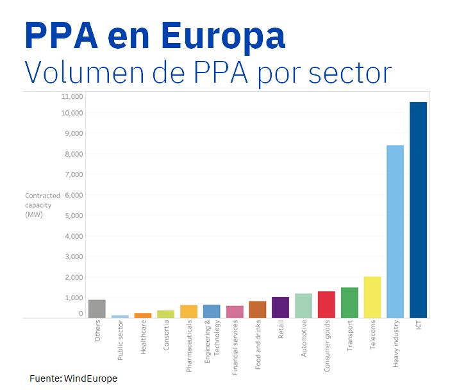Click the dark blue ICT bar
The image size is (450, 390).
(x=418, y=210)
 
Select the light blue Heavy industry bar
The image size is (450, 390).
(x=395, y=231)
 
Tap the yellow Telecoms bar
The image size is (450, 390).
(x=372, y=297)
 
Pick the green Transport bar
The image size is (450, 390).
(x=349, y=302)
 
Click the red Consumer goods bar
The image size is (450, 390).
(x=326, y=304)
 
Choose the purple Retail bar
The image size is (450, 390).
(x=280, y=307)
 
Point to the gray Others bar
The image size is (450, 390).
(x=97, y=309)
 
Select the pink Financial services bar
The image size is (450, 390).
(x=235, y=311)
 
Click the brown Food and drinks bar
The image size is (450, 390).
(x=258, y=309)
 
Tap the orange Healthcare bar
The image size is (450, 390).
(x=143, y=315)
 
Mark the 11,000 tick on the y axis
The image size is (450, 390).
(x=72, y=96)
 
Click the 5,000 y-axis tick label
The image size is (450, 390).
(x=74, y=216)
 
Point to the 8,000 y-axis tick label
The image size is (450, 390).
(x=74, y=154)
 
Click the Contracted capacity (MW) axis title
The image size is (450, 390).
(x=42, y=205)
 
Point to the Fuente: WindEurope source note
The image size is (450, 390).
(x=73, y=378)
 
